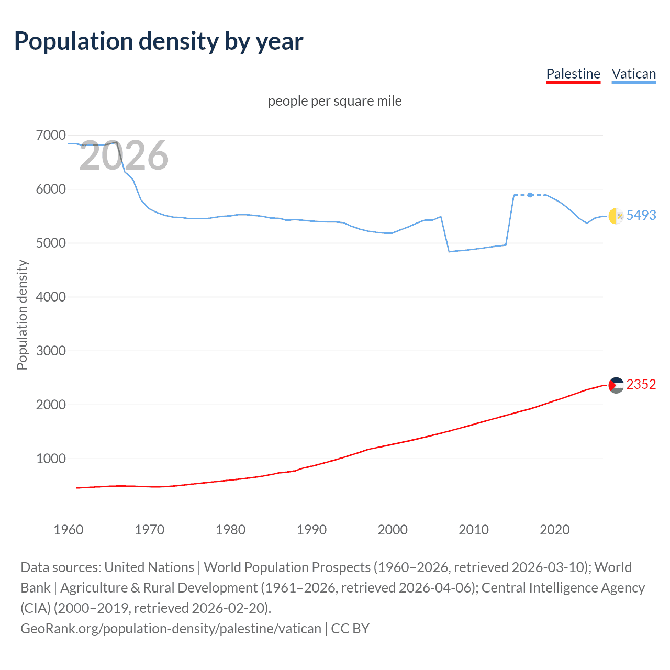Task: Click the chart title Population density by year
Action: point(159,41)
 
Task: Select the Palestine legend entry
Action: point(573,74)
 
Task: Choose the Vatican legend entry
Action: point(633,74)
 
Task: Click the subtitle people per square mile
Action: point(334,101)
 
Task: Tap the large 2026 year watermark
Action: point(124,155)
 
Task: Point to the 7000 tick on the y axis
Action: point(51,136)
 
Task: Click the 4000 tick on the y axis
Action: point(51,297)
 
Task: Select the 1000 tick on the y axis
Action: point(51,459)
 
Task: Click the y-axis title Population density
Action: point(22,315)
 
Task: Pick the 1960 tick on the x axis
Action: point(69,530)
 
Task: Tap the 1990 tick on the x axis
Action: point(311,530)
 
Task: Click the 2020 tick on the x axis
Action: point(554,530)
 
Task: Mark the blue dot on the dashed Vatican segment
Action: point(530,195)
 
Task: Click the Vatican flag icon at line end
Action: point(616,216)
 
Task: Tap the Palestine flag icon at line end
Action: point(616,385)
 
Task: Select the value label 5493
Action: point(641,215)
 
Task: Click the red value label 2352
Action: point(641,385)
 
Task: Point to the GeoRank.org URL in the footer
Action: point(171,628)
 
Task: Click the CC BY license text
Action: point(350,628)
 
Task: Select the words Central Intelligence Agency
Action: point(563,588)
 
